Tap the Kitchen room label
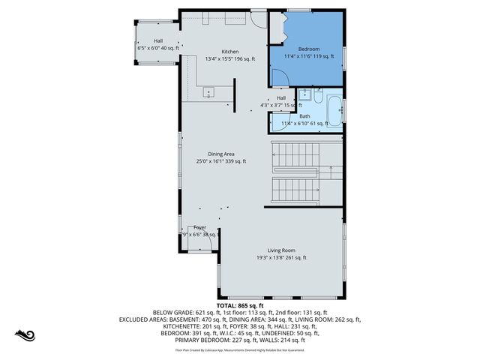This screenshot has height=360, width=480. pyautogui.click(x=229, y=51)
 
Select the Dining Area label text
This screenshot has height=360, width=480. pyautogui.click(x=221, y=154)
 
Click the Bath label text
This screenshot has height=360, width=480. pyautogui.click(x=304, y=116)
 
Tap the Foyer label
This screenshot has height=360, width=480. pyautogui.click(x=199, y=227)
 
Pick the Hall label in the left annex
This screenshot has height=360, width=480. pyautogui.click(x=158, y=41)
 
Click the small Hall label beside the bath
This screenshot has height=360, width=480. pyautogui.click(x=281, y=98)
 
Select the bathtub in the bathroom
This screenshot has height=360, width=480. pyautogui.click(x=334, y=112)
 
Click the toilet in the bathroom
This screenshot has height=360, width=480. pyautogui.click(x=319, y=97)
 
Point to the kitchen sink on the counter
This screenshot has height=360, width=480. pyautogui.click(x=208, y=91)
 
